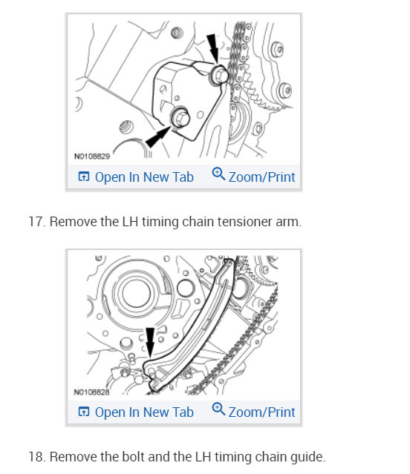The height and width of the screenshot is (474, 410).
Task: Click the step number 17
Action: point(36,222)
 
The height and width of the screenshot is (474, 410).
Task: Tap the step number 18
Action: point(36,457)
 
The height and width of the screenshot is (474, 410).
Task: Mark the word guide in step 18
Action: point(307,457)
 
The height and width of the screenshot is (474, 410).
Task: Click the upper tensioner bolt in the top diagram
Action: point(218,73)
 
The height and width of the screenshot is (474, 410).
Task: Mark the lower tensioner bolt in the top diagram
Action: point(180,116)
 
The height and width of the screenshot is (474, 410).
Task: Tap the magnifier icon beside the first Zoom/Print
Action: point(218,175)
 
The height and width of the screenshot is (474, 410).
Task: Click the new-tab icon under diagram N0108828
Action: point(84,412)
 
